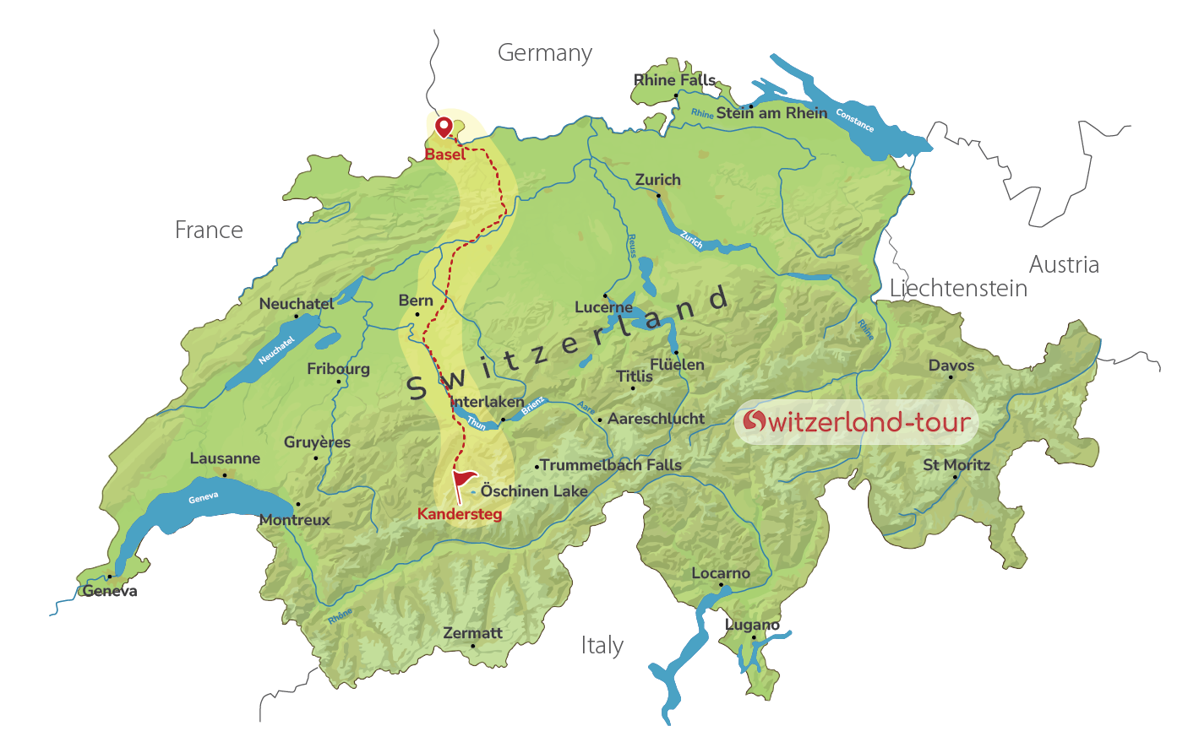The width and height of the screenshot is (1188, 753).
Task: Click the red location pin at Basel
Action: (x=444, y=127)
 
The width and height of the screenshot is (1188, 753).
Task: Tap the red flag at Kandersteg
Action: (x=464, y=484)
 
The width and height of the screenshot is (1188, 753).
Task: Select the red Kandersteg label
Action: (x=460, y=514)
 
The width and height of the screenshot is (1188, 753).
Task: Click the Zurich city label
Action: (x=657, y=180)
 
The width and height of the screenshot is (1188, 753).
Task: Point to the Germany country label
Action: (x=545, y=53)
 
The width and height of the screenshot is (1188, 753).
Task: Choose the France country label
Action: (x=209, y=230)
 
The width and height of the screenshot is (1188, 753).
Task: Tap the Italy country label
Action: (x=602, y=646)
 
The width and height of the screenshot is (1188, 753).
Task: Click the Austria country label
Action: (x=1064, y=265)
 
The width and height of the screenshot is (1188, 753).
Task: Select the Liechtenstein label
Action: (x=958, y=289)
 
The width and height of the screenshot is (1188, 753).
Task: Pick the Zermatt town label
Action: (x=472, y=633)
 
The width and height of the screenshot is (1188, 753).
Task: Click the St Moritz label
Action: (x=956, y=465)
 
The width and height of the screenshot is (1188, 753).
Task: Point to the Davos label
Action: (x=951, y=366)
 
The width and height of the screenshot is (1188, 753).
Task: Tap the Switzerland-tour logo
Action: (x=856, y=421)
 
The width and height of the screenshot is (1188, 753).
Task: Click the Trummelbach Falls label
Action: (x=611, y=465)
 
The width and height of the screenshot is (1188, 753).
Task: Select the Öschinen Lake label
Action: (x=534, y=491)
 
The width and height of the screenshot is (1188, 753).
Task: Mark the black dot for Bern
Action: (x=417, y=315)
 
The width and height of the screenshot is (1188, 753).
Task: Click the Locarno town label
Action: (x=721, y=573)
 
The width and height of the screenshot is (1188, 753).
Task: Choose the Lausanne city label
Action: (x=225, y=458)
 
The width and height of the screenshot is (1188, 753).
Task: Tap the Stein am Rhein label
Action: (x=771, y=113)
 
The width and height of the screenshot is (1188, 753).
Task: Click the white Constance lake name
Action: (x=854, y=121)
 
